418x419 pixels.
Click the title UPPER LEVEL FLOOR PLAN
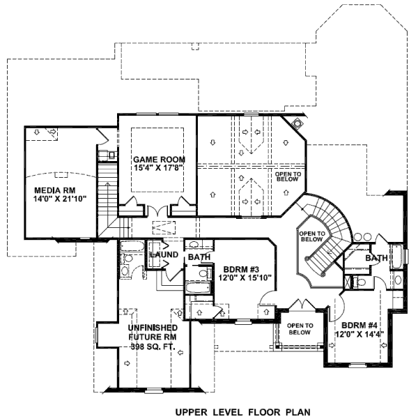242,412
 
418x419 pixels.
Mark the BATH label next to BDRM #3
199,258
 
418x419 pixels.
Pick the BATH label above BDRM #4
377,258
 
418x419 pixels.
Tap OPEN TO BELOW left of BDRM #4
299,329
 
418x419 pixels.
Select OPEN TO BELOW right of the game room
287,177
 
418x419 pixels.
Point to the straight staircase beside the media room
107,195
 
